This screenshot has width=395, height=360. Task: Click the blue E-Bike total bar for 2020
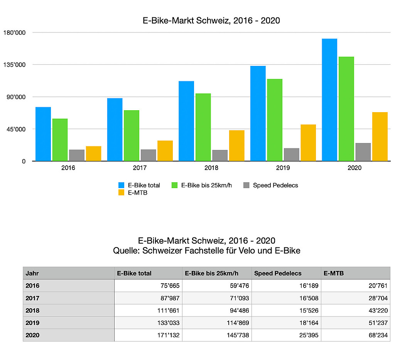click(x=329, y=100)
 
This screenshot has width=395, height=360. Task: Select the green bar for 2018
click(x=203, y=127)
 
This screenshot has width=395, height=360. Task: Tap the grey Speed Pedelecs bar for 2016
click(x=77, y=155)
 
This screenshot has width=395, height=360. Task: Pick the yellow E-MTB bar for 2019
click(x=308, y=143)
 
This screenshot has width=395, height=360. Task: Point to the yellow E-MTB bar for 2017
click(x=165, y=151)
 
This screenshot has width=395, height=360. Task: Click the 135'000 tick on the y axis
click(x=14, y=64)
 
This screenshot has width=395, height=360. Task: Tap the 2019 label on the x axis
click(x=283, y=168)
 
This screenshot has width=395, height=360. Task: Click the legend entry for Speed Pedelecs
click(x=275, y=185)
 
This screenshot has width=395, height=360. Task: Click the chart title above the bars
click(x=211, y=21)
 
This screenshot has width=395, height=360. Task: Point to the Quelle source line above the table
click(x=206, y=251)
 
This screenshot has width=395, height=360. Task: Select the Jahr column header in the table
click(x=32, y=273)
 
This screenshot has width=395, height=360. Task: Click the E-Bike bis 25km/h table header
click(x=212, y=273)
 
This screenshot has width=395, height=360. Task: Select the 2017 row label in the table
click(x=32, y=298)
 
